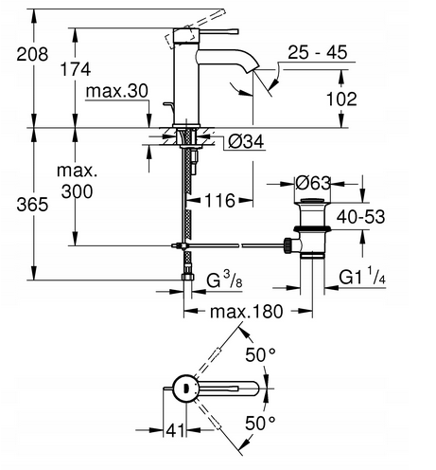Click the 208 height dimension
click(x=32, y=54)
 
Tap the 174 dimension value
click(x=76, y=69)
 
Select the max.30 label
click(x=117, y=91)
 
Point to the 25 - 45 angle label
click(x=318, y=52)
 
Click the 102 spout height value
click(x=341, y=99)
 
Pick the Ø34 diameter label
click(x=246, y=142)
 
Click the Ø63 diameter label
click(x=313, y=183)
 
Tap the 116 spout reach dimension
click(x=219, y=200)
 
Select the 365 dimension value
click(x=32, y=205)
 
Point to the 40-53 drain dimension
click(x=360, y=217)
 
